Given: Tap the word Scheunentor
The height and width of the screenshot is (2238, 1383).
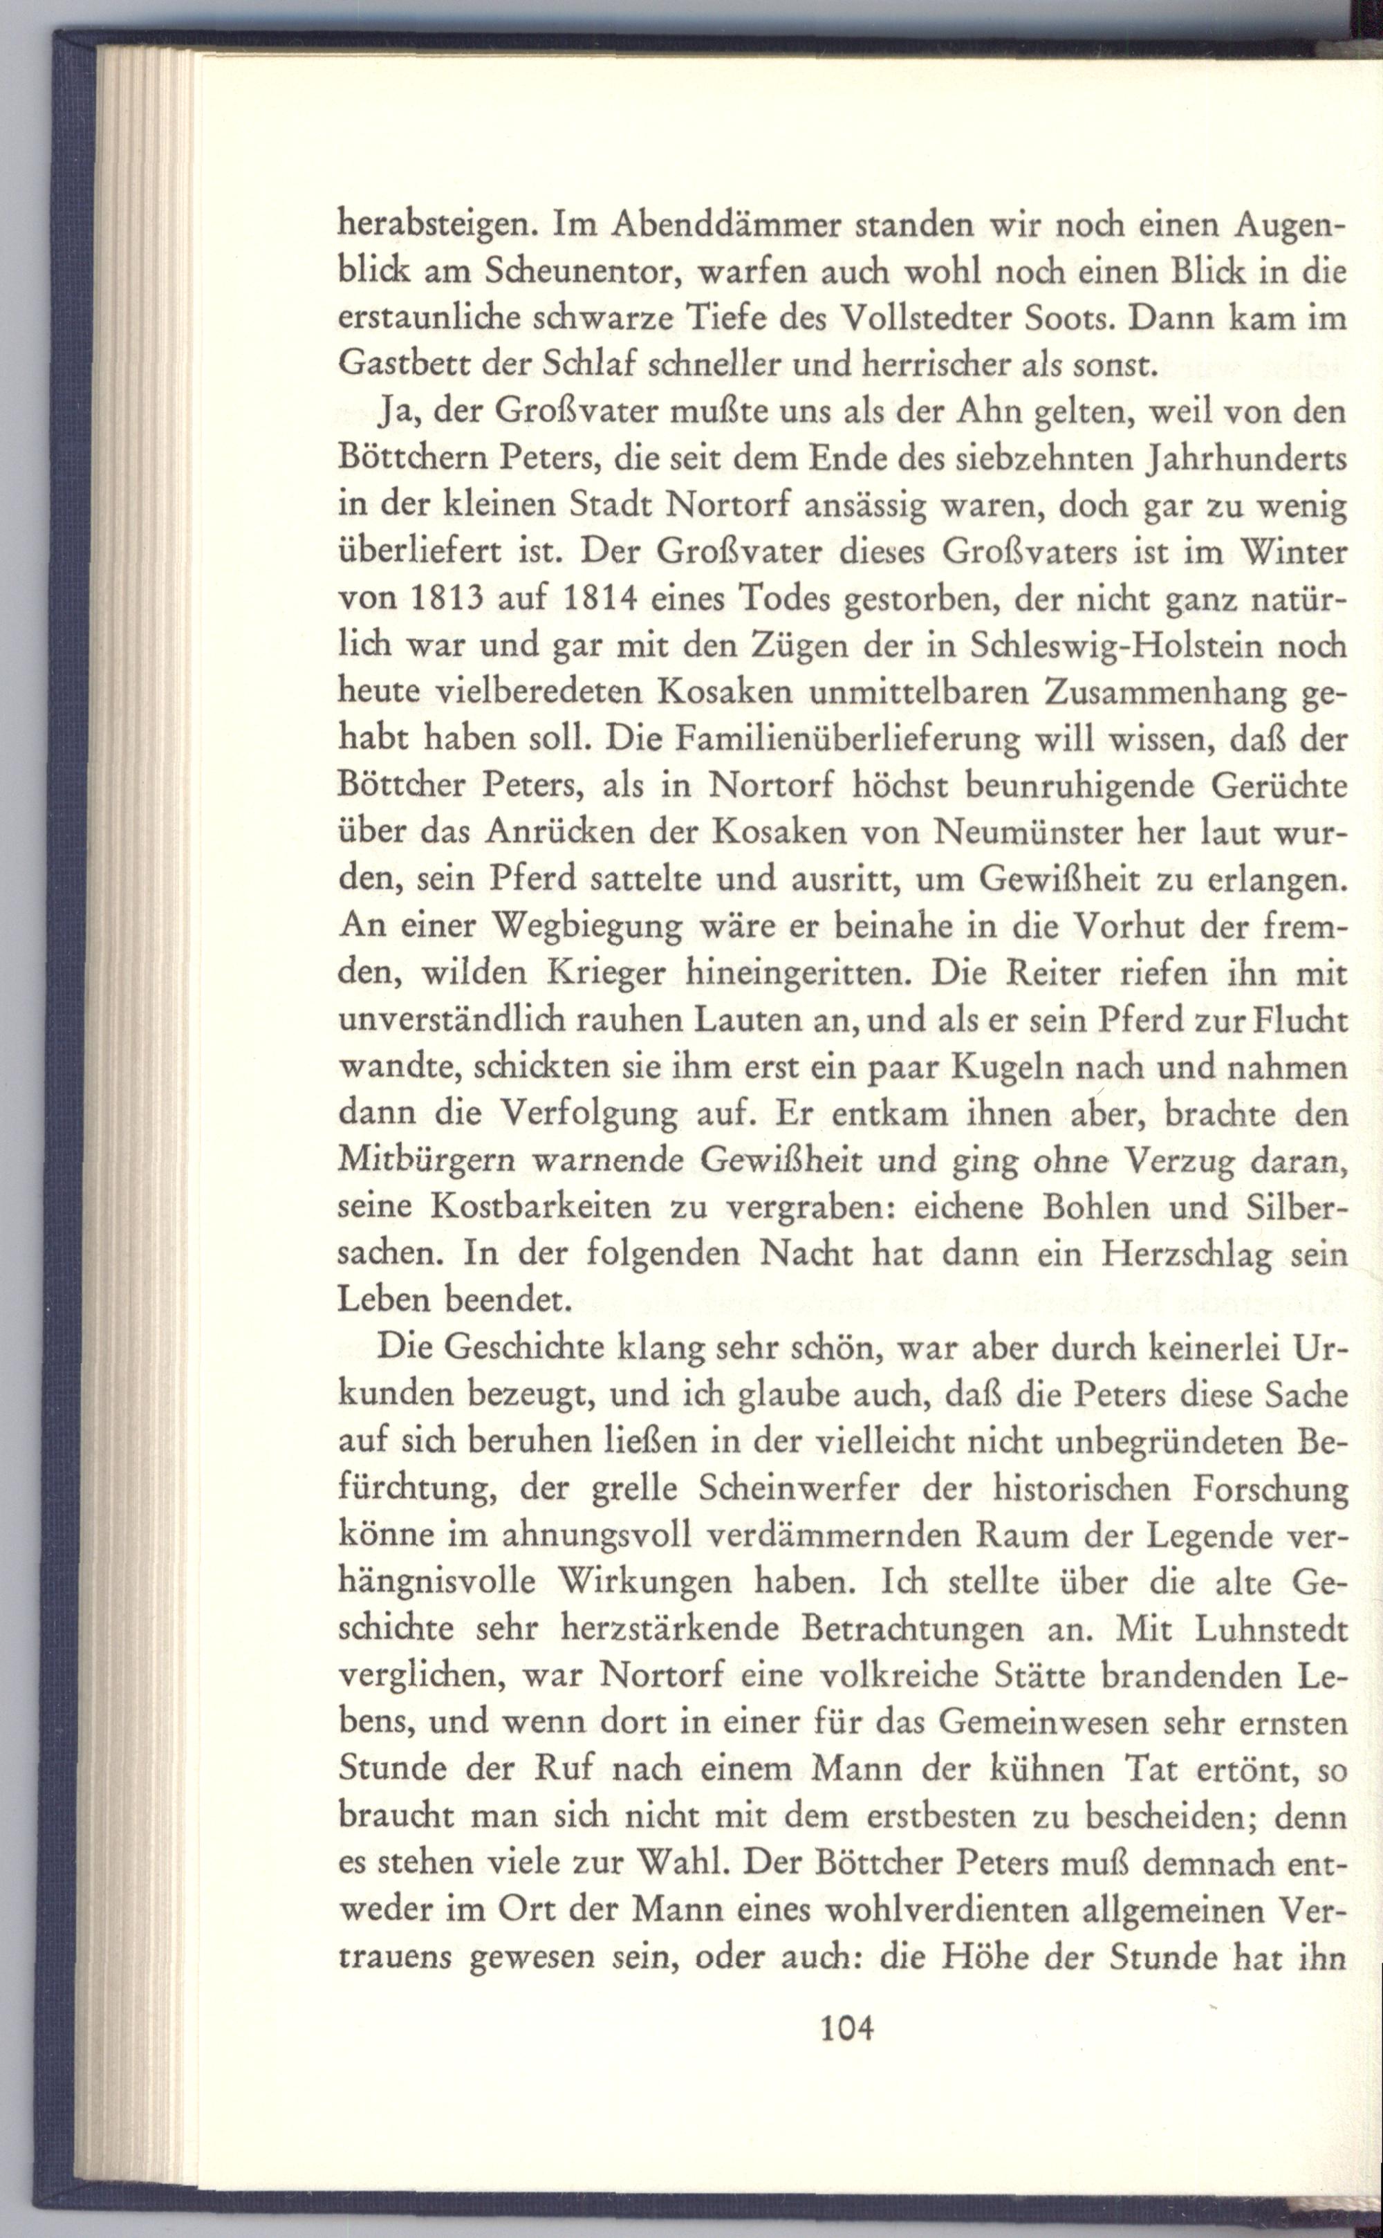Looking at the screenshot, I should point(583,270).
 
